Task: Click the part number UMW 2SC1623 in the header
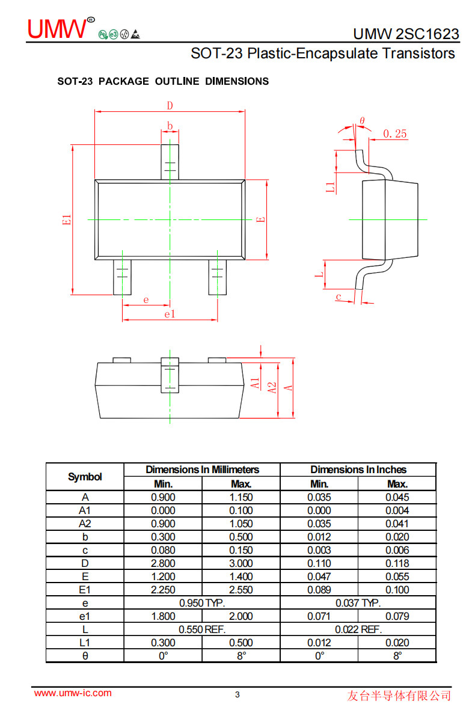pyautogui.click(x=406, y=34)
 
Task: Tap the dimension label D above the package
pyautogui.click(x=170, y=105)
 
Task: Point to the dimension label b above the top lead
pyautogui.click(x=170, y=126)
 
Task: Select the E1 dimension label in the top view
pyautogui.click(x=67, y=219)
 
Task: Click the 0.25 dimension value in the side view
pyautogui.click(x=395, y=133)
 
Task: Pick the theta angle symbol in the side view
pyautogui.click(x=362, y=120)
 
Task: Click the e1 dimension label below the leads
pyautogui.click(x=170, y=314)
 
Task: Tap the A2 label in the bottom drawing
pyautogui.click(x=272, y=388)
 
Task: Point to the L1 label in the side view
pyautogui.click(x=331, y=187)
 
